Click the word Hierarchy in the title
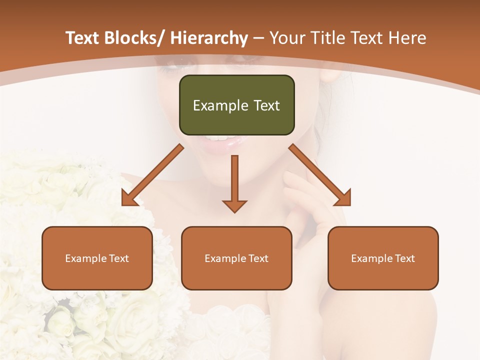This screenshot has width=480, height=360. tap(209, 38)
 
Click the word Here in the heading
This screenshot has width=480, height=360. tap(407, 38)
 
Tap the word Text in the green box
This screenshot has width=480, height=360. tap(266, 105)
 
